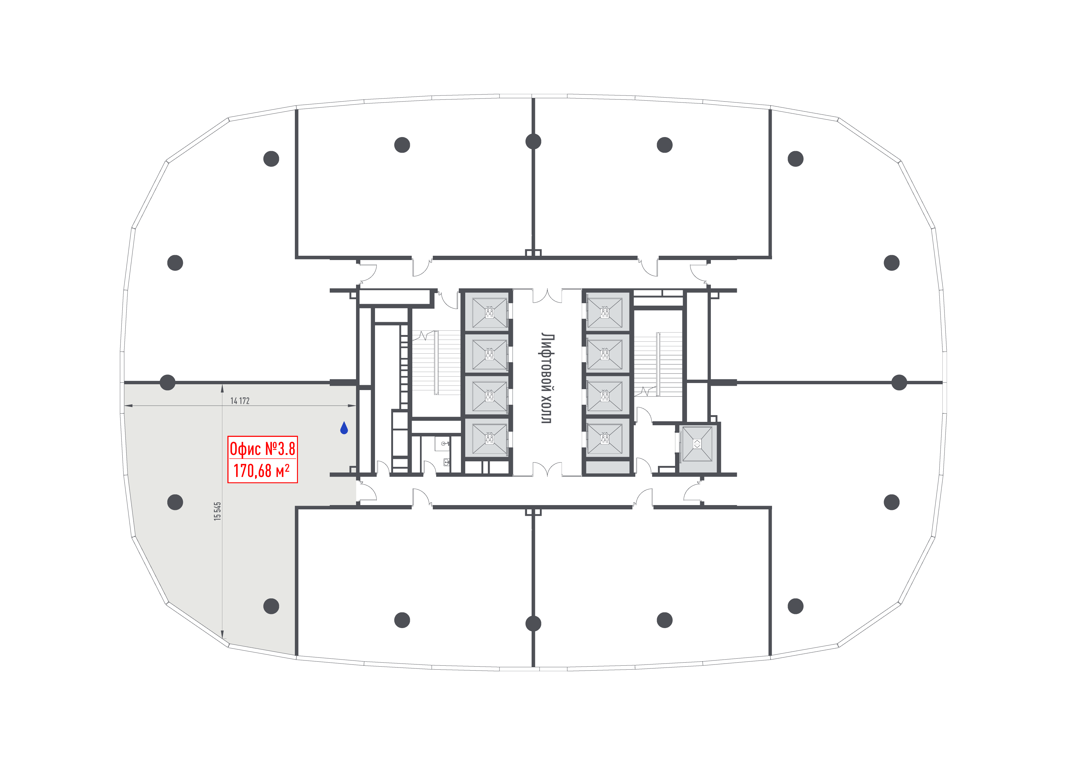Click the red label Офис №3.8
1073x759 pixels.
[262, 449]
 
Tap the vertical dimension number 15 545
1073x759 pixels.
[217, 511]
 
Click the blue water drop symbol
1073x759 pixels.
[344, 428]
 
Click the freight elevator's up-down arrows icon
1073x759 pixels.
[697, 444]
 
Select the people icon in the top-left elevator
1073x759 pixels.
[489, 313]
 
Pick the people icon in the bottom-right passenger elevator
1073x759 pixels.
[605, 439]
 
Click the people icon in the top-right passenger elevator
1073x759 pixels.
[605, 313]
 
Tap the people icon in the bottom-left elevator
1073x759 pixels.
[489, 439]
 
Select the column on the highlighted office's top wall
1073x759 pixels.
[167, 382]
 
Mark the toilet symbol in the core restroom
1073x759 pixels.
[446, 462]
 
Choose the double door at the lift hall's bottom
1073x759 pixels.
[547, 469]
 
